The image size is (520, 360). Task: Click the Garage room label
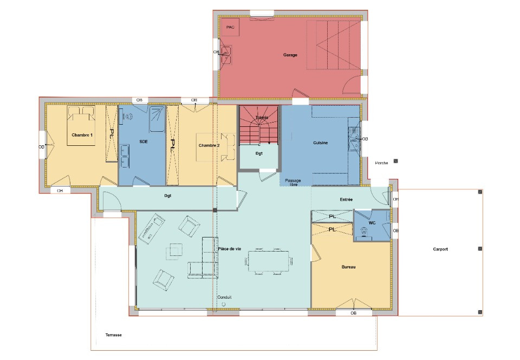point(290,55)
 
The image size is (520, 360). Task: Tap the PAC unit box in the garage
point(230,27)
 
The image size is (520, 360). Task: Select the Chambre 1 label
point(82,134)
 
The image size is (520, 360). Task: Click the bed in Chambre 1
point(81,126)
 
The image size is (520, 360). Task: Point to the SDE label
point(144,142)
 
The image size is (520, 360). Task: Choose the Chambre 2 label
point(209,145)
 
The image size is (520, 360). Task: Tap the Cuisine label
point(321,143)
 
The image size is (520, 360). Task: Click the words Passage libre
point(294,182)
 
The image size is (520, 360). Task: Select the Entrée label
point(346,200)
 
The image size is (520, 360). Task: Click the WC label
point(372,223)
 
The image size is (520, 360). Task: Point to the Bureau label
point(348,267)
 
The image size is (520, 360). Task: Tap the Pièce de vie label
point(230,249)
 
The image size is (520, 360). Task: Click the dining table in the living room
point(268,262)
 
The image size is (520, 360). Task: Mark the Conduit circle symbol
point(224,305)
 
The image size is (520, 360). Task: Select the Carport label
point(440,249)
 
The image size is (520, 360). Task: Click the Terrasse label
point(113,335)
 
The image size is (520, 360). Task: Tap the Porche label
point(381,163)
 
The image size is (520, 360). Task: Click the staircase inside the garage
point(333,45)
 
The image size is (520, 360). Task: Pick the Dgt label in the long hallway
point(167,196)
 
